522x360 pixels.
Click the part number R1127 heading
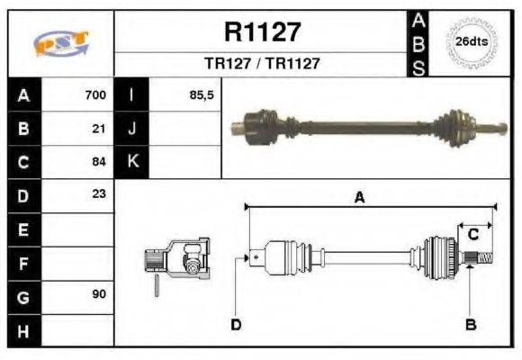261,32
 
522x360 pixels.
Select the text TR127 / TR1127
262,64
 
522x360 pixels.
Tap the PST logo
60,43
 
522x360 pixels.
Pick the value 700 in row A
95,94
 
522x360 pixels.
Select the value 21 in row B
100,128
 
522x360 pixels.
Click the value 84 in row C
100,162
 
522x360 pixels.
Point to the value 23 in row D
100,194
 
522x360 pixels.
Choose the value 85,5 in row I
202,94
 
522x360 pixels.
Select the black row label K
132,162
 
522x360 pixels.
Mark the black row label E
23,229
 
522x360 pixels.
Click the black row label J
132,128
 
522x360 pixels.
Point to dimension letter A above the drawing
359,199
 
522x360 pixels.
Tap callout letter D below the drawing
236,324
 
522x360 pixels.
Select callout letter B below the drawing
469,324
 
